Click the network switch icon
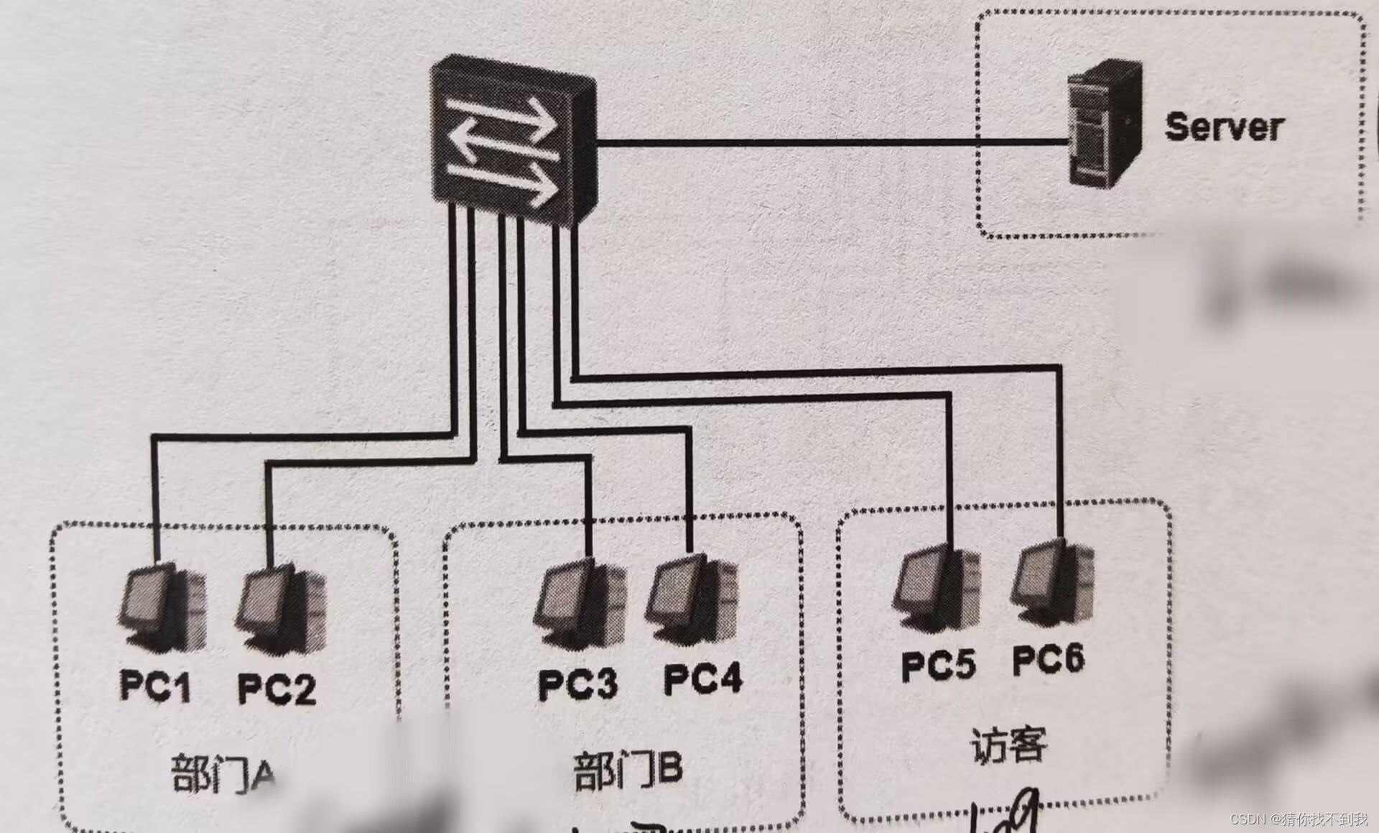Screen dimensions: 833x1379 [511, 144]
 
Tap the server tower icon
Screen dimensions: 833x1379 [1104, 124]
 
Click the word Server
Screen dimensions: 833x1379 [1223, 127]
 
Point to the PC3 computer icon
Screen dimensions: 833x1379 [580, 604]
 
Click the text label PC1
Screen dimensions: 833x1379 [155, 685]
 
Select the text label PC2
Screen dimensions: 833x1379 [277, 689]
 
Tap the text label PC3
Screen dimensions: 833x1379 [577, 684]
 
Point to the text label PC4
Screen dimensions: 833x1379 [702, 678]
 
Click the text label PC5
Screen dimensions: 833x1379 [937, 665]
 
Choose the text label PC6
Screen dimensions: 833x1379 [1048, 659]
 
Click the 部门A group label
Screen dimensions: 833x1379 [223, 774]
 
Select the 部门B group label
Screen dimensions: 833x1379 [627, 770]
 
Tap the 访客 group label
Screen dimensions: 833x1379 [1008, 745]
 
